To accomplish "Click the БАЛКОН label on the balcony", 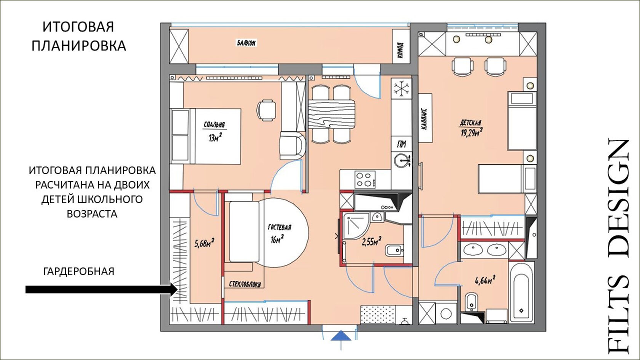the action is click(246, 43).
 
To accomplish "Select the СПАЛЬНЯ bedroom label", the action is click(214, 125).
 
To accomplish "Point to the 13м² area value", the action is click(215, 138).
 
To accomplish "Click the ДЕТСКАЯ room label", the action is click(470, 123).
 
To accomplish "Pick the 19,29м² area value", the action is click(472, 133).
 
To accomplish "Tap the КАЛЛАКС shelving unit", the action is click(425, 118).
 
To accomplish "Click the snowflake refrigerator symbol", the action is click(401, 88).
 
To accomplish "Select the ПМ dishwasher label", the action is click(402, 145).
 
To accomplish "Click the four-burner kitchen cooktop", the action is click(365, 179).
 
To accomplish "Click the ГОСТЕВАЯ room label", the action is click(279, 227).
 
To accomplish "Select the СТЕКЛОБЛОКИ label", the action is click(245, 284).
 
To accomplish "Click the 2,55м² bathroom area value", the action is click(371, 242).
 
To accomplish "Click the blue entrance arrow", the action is click(341, 336).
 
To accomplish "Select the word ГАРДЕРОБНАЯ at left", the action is click(79, 271).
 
